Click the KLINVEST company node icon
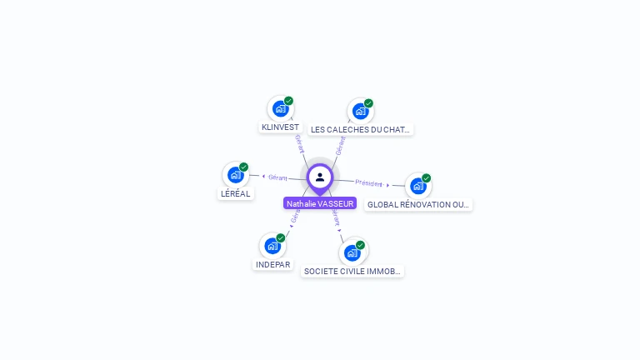[x=280, y=108]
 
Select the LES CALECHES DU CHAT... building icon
[x=360, y=111]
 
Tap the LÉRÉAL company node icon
[x=236, y=175]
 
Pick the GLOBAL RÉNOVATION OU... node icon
[x=418, y=186]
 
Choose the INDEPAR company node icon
[x=272, y=246]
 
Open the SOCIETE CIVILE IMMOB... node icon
[x=352, y=252]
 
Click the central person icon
[x=320, y=177]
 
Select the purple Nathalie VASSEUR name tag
[x=320, y=203]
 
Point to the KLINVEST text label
[x=280, y=127]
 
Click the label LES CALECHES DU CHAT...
[x=360, y=129]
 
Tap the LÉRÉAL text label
[x=235, y=193]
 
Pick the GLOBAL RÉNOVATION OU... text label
[x=418, y=204]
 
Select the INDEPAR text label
[x=272, y=264]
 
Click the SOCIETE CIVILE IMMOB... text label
[x=352, y=271]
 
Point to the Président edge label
[x=369, y=182]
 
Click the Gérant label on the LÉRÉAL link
[x=277, y=177]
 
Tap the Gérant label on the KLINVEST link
[x=298, y=142]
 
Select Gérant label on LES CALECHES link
[x=340, y=146]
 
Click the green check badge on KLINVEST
[x=288, y=101]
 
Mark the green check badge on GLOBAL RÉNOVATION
[x=427, y=178]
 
